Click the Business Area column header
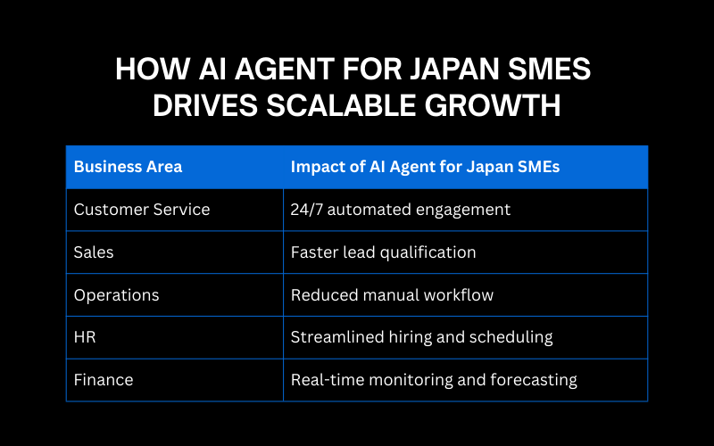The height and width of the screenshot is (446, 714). tap(128, 167)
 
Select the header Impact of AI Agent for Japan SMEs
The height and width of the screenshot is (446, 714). tap(425, 167)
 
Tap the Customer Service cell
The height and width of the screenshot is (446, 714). tap(142, 210)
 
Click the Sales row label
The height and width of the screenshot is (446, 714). tap(94, 252)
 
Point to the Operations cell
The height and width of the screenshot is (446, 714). tap(115, 295)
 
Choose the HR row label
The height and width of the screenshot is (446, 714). tap(86, 337)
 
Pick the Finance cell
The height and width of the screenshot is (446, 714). tap(104, 380)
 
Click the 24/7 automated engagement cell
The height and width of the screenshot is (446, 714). tap(401, 210)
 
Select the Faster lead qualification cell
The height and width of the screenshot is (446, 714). tap(383, 252)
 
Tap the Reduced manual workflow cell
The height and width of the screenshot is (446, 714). tap(392, 295)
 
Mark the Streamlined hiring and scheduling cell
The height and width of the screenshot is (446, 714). tap(421, 337)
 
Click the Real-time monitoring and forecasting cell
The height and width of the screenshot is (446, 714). tap(434, 380)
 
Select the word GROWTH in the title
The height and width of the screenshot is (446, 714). tap(495, 105)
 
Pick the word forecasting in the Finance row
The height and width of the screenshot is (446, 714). tap(533, 380)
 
